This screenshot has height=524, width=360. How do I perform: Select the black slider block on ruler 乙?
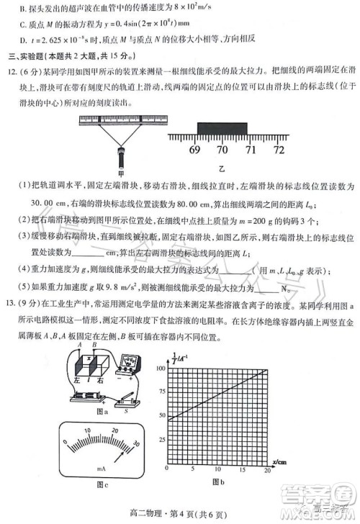(222, 128)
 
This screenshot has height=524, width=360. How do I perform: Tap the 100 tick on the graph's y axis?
(160, 366)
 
